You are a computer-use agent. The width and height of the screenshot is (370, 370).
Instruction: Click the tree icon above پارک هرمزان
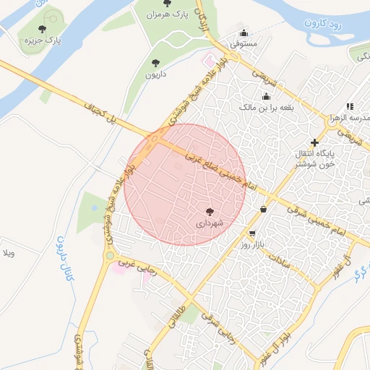click(168, 4)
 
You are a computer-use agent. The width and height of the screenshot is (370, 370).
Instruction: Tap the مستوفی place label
click(244, 43)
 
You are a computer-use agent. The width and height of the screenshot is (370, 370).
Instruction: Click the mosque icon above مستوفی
click(244, 33)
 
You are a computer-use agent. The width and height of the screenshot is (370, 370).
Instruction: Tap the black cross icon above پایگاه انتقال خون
click(314, 143)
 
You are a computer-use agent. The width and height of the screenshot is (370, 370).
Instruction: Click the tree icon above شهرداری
click(210, 212)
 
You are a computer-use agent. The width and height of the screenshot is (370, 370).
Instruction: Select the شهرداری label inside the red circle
click(210, 223)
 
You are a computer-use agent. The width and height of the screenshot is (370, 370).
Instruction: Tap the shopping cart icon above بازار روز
click(251, 233)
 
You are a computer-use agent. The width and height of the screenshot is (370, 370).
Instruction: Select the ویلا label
click(9, 254)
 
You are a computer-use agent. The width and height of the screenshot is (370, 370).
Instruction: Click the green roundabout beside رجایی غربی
click(109, 255)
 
